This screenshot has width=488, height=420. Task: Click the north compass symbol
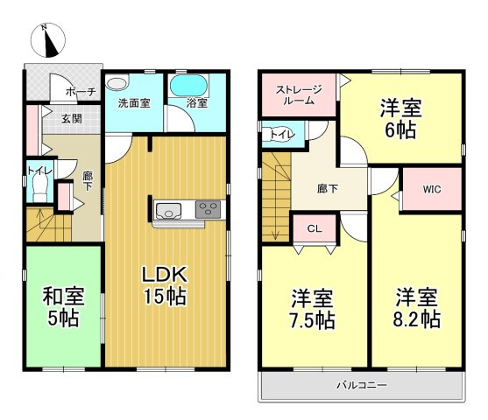[50, 38]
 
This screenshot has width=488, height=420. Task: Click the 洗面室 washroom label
[134, 103]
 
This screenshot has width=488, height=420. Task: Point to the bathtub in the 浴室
[187, 86]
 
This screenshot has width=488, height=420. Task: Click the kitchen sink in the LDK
[167, 210]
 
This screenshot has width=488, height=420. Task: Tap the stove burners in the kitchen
[209, 209]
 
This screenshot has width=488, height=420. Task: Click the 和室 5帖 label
[61, 307]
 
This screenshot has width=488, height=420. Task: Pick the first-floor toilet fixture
[39, 186]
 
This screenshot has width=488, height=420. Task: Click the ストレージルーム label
[298, 94]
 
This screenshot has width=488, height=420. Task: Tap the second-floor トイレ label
[282, 134]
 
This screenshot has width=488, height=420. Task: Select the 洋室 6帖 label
[400, 119]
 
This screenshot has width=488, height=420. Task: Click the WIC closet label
[431, 188]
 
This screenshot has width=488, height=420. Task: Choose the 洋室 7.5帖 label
[313, 307]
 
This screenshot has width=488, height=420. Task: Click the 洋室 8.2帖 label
[416, 307]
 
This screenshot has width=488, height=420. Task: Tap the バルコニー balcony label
[361, 385]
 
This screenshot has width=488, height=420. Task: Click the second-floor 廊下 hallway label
[329, 188]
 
